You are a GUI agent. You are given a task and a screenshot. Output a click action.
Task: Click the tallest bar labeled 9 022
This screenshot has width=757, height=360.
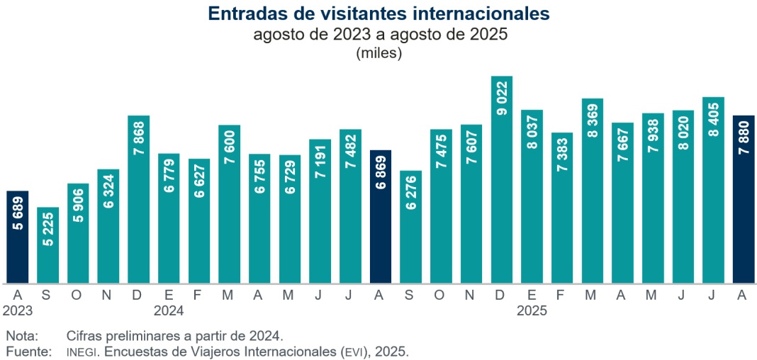(x=501, y=180)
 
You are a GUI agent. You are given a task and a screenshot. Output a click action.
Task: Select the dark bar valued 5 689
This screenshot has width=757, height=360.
(x=18, y=237)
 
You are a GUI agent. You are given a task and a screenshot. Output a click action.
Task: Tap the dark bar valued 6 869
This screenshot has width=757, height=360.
(x=381, y=217)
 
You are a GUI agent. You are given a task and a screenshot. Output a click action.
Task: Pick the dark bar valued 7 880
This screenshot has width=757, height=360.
(x=744, y=199)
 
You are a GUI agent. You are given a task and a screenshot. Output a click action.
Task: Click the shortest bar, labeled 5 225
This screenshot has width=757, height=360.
(x=47, y=245)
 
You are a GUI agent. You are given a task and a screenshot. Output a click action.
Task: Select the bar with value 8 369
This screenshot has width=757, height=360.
(x=592, y=191)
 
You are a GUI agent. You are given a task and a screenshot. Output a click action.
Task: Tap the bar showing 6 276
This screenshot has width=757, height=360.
(x=411, y=227)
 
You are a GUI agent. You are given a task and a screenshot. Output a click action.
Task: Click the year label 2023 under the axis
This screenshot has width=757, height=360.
(x=18, y=310)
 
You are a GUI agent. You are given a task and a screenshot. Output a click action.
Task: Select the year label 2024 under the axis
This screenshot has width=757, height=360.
(x=169, y=310)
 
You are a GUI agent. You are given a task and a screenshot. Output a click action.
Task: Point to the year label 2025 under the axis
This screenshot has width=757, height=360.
(x=532, y=310)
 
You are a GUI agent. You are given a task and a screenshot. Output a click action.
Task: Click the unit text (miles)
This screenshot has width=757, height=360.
(x=378, y=53)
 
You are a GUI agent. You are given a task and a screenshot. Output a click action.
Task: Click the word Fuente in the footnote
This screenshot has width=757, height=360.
(x=26, y=351)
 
